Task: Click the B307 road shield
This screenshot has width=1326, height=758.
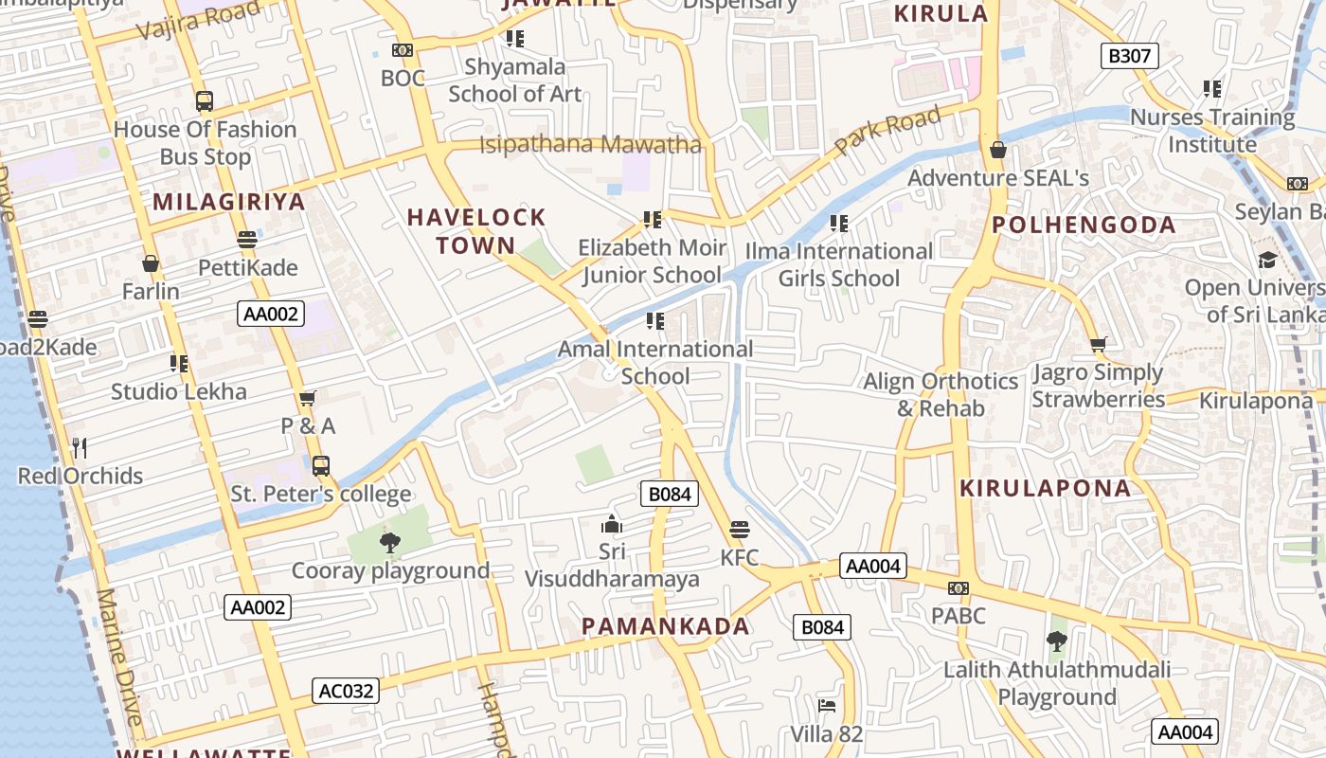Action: pos(1129,56)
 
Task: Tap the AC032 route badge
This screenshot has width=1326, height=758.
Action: pos(346,691)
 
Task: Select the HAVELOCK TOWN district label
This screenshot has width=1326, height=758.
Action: pos(476,231)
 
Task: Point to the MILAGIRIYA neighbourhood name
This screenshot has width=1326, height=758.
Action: pos(229,202)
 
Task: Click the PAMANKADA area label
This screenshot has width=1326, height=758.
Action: pos(665,626)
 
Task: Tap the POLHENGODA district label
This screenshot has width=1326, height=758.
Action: pos(1084,226)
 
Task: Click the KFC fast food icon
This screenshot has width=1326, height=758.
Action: pos(740,529)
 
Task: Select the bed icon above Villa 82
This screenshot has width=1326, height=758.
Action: pos(827,706)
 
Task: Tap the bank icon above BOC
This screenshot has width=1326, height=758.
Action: pos(403,50)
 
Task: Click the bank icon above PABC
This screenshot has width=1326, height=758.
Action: pos(959,588)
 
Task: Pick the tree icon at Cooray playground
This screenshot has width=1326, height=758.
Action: pos(389,543)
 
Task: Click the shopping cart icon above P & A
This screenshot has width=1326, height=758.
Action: pos(307,398)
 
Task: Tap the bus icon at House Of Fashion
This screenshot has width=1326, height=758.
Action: pos(205,100)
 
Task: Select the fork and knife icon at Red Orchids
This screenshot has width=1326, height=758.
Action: pos(80,447)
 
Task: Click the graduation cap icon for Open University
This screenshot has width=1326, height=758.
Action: pos(1267,260)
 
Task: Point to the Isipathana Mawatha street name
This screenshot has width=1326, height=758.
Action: pos(590,145)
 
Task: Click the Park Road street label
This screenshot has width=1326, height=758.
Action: pos(887,132)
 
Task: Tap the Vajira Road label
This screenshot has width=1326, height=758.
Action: pos(198,21)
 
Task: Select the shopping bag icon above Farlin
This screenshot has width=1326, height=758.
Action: pos(151,262)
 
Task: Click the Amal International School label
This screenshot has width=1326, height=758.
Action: pos(655,362)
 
